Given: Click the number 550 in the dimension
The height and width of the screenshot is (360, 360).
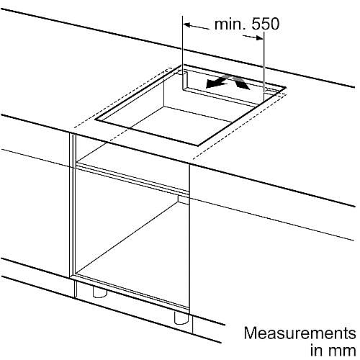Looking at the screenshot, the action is [266, 24].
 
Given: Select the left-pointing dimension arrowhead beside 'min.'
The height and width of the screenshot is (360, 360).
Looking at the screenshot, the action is [187, 25].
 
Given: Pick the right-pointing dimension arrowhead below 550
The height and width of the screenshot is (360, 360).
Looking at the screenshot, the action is [259, 38].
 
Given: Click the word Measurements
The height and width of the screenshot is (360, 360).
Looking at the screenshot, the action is [300, 333].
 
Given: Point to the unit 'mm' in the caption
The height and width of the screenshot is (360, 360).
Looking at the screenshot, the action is [342, 351].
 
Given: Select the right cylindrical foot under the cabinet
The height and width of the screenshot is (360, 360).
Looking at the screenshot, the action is [181, 318].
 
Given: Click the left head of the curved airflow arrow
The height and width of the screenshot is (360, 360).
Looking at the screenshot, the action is [212, 84].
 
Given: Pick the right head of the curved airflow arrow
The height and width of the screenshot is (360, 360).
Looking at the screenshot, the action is [243, 85].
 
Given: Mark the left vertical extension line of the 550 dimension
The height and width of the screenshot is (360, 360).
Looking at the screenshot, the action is [183, 53].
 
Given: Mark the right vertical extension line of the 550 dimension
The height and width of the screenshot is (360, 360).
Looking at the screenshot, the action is [264, 66].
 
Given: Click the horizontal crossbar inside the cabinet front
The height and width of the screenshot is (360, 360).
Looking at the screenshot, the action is [132, 178].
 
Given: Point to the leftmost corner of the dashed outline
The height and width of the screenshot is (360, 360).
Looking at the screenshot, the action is [74, 127].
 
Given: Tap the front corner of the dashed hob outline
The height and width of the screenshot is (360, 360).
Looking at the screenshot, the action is [192, 159].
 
